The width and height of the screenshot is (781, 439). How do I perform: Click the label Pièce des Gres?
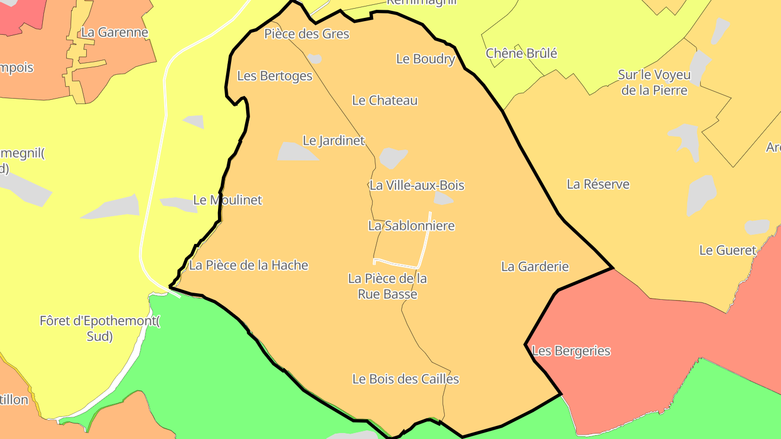306,34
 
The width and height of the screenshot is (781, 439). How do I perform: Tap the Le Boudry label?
425,59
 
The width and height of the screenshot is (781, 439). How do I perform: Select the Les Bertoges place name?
275,76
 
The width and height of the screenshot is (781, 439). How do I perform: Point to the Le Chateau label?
385,100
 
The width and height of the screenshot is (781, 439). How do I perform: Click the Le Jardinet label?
334,141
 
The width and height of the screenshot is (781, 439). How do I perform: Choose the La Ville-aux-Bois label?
417,185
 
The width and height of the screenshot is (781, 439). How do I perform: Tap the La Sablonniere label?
411,226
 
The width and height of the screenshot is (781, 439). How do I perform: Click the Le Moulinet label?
227,200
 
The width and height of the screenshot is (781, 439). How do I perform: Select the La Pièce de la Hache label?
248,266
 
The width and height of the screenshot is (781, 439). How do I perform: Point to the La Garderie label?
535,267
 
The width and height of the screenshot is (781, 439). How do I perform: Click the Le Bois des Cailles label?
406,379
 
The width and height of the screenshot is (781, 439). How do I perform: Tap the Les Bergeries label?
571,351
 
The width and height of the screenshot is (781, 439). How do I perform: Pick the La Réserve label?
598,184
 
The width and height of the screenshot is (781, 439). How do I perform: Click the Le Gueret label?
727,250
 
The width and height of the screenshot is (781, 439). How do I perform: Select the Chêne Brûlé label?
521,54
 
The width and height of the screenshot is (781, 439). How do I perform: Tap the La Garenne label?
114,33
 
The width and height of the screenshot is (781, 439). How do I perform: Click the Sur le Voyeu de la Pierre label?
654,82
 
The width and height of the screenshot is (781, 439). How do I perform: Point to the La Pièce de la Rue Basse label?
387,286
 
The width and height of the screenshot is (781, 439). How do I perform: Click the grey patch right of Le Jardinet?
393,158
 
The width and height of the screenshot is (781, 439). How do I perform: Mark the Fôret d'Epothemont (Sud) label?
100,328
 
